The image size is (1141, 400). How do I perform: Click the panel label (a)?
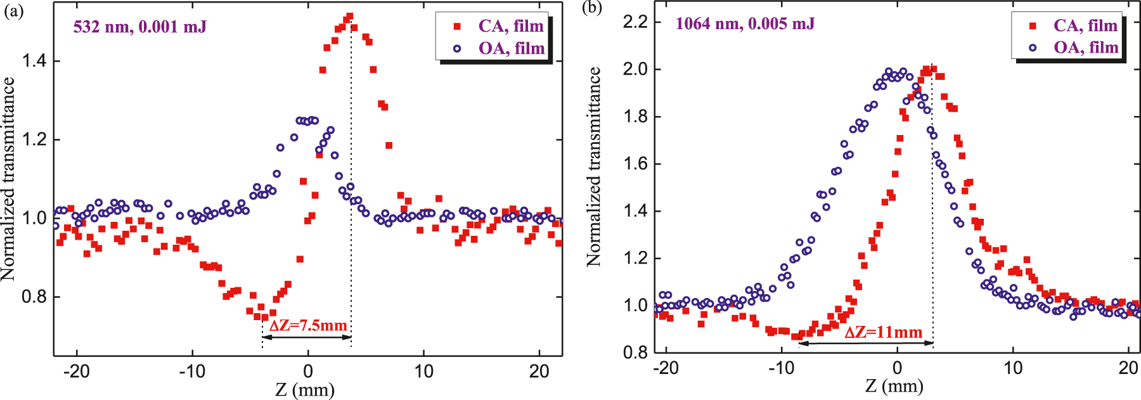coord(13,11)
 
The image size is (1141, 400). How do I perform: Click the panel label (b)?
coord(592,8)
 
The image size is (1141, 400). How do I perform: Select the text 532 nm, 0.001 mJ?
coord(139,27)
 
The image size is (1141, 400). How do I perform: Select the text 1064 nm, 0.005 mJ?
coord(745,24)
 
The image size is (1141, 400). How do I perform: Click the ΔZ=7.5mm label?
coord(308,326)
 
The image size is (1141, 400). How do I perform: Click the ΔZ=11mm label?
coord(883,332)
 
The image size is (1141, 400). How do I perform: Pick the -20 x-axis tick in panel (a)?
coord(76,371)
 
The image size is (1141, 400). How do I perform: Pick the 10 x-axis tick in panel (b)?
coord(1013,368)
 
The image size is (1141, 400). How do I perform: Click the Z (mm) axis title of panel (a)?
coord(305,389)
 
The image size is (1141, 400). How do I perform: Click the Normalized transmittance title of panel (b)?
coord(593,166)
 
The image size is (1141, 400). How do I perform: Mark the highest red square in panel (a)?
coord(349,16)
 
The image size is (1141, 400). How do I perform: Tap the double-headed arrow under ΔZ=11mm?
coord(866,343)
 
